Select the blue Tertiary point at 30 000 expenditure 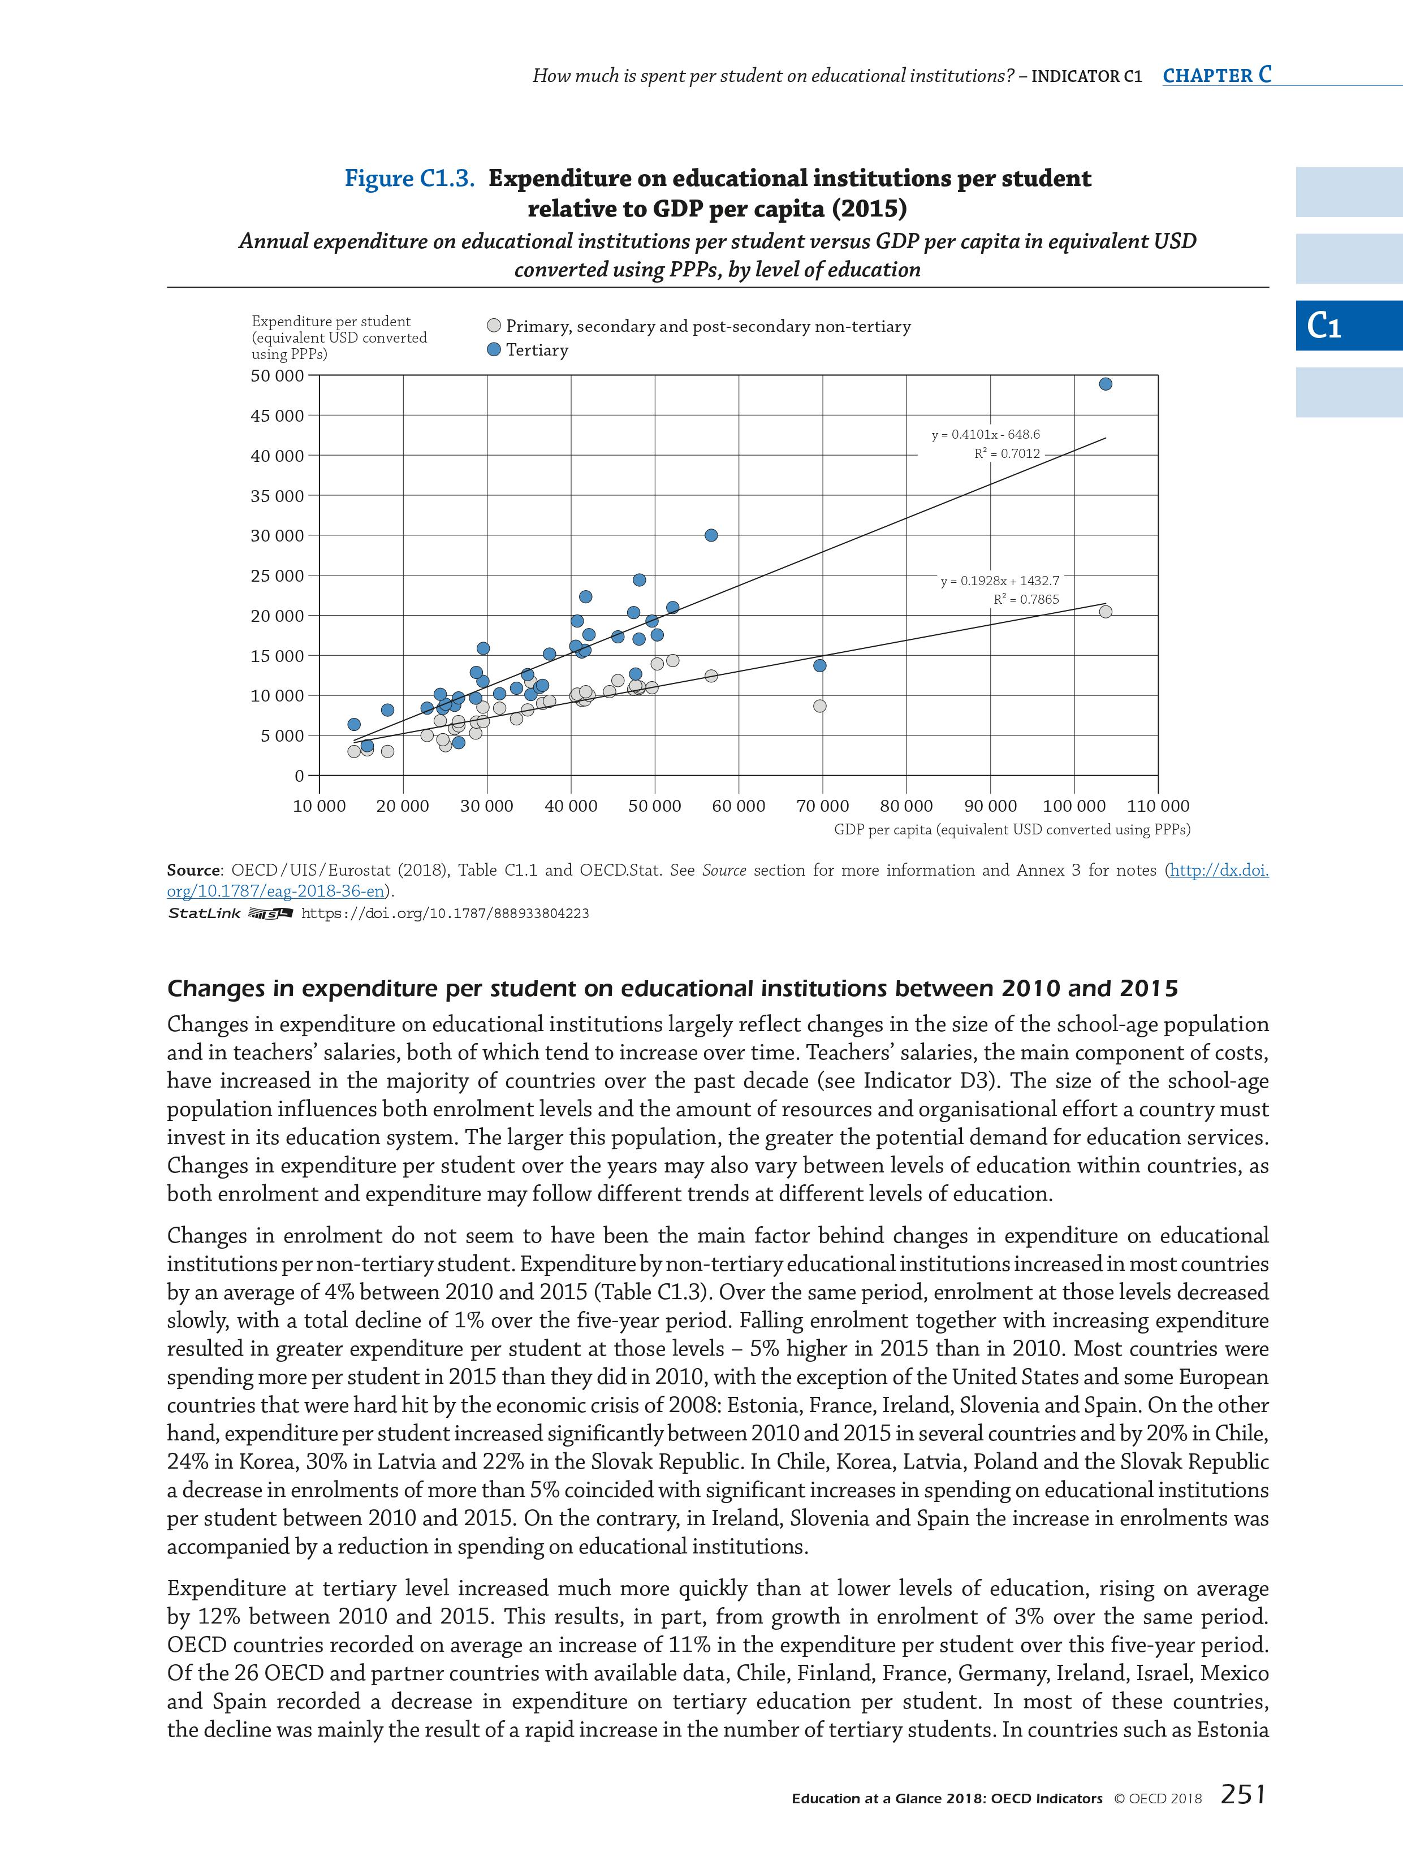pos(711,535)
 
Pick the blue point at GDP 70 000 pos(819,665)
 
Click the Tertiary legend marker pos(494,350)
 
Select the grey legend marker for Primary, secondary pos(494,326)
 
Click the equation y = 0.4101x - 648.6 pos(985,435)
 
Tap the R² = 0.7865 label pos(1026,599)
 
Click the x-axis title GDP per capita pos(1012,829)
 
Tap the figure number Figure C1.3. pos(409,179)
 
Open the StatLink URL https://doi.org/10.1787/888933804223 pos(445,913)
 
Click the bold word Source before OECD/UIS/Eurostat pos(193,870)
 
